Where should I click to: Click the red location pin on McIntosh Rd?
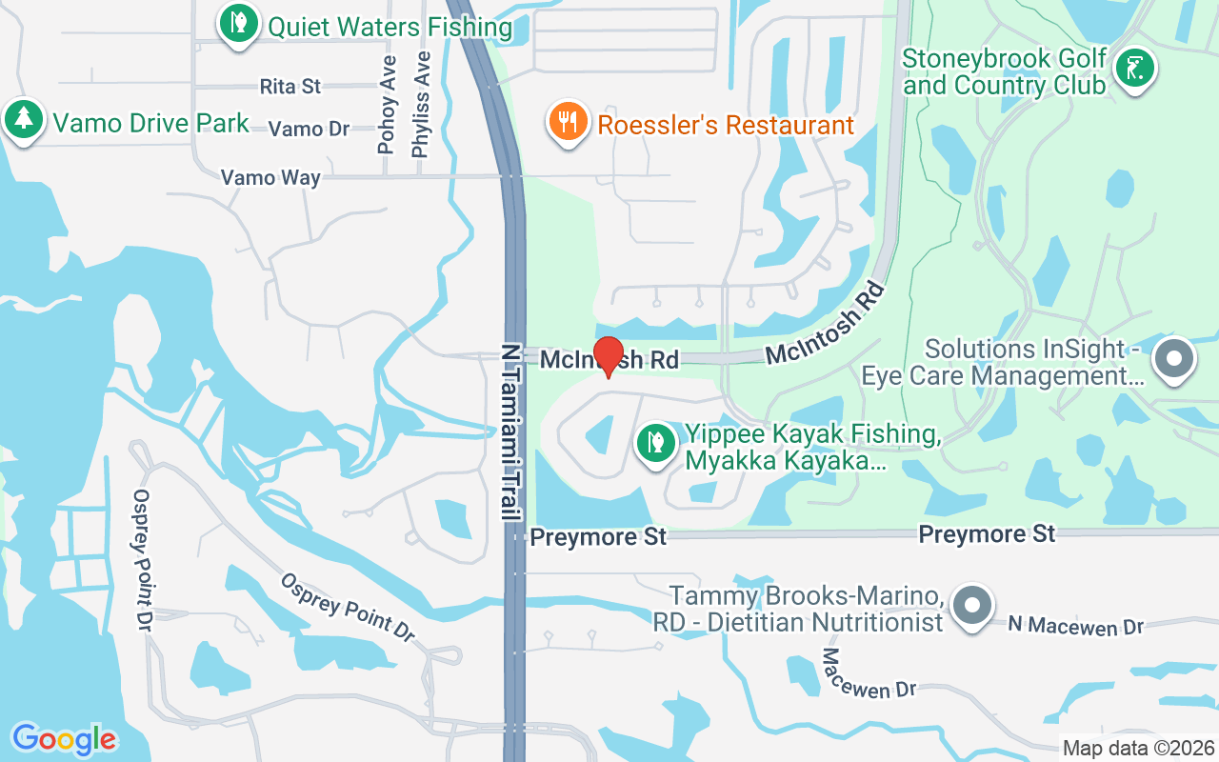609,356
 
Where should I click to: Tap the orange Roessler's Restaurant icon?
568,123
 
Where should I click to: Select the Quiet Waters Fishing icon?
238,24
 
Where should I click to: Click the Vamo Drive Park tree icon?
23,120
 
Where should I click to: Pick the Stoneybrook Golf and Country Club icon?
1134,69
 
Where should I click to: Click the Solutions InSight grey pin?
1173,360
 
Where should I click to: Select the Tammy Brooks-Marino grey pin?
971,605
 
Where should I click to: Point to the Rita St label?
290,87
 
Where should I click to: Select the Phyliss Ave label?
420,104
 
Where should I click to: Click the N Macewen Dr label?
1075,626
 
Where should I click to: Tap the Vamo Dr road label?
309,129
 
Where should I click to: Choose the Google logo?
64,738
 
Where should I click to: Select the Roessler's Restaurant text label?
726,125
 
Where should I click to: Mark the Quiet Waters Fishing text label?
390,27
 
